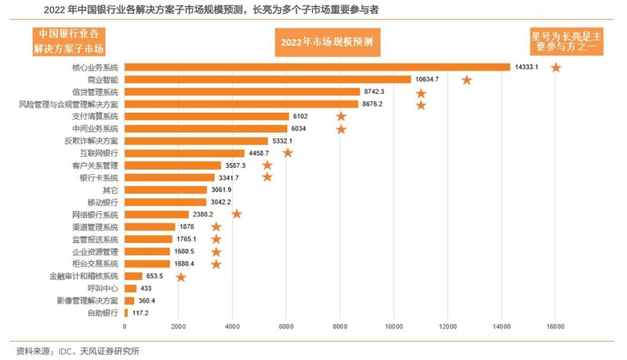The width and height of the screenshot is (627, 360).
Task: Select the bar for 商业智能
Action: (x=267, y=79)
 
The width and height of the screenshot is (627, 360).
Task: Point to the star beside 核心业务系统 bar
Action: (x=556, y=67)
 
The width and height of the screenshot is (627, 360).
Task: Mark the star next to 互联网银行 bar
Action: (x=288, y=153)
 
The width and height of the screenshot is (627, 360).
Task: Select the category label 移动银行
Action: (x=103, y=202)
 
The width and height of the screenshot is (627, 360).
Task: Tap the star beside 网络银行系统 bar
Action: (x=237, y=214)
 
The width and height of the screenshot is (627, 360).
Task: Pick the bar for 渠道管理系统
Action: (x=150, y=227)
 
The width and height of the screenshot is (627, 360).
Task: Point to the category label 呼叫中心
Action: (x=103, y=288)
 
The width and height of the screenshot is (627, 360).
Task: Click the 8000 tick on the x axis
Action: (x=340, y=326)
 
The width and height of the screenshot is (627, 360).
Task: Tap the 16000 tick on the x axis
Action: (x=555, y=326)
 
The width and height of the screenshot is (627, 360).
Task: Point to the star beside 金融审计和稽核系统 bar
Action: (x=181, y=276)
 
